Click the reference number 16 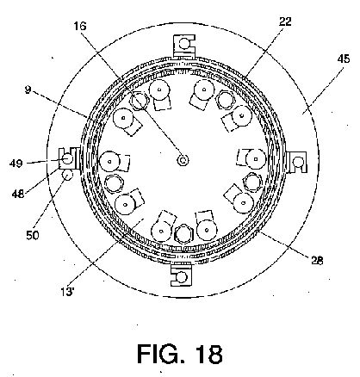80,27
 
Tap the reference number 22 285,22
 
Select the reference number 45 344,59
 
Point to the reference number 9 28,90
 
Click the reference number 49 16,163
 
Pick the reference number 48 18,194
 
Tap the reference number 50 33,235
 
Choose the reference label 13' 67,292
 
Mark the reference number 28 317,260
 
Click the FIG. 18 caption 180,354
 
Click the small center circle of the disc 183,160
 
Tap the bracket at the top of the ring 185,46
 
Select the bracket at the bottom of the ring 182,275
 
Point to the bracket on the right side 297,162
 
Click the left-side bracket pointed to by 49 69,158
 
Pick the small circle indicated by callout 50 68,175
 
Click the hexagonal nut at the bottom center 183,234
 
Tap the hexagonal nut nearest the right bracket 252,182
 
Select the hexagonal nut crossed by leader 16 139,101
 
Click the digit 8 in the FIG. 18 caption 214,354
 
